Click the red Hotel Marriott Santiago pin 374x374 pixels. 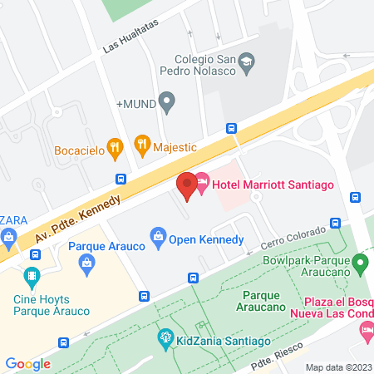tap(187, 185)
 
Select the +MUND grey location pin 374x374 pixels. tap(166, 104)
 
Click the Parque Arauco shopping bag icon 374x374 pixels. tap(86, 263)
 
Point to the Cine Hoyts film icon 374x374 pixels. tap(32, 275)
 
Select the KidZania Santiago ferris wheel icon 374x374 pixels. tap(164, 338)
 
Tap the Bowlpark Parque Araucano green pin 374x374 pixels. tap(360, 264)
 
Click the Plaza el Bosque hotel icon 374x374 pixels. tap(367, 331)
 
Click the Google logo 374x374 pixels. tap(27, 363)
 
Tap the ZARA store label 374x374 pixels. tap(15, 220)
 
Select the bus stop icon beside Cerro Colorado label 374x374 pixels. tap(336, 223)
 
